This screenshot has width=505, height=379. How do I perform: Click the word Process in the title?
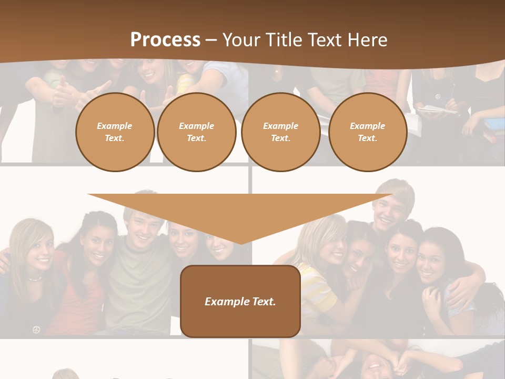[165, 40]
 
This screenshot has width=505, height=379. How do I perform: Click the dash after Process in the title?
[211, 41]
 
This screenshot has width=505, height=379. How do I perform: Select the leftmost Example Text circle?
[115, 132]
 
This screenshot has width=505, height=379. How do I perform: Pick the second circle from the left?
[196, 132]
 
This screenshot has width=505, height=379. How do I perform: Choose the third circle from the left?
[280, 132]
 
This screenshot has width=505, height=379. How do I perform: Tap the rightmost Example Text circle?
[367, 132]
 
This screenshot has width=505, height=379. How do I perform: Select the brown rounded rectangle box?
[240, 301]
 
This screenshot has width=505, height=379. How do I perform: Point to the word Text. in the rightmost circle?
[367, 138]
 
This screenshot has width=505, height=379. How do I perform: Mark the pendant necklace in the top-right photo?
[437, 96]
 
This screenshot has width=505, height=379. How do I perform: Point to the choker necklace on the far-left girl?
[35, 278]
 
